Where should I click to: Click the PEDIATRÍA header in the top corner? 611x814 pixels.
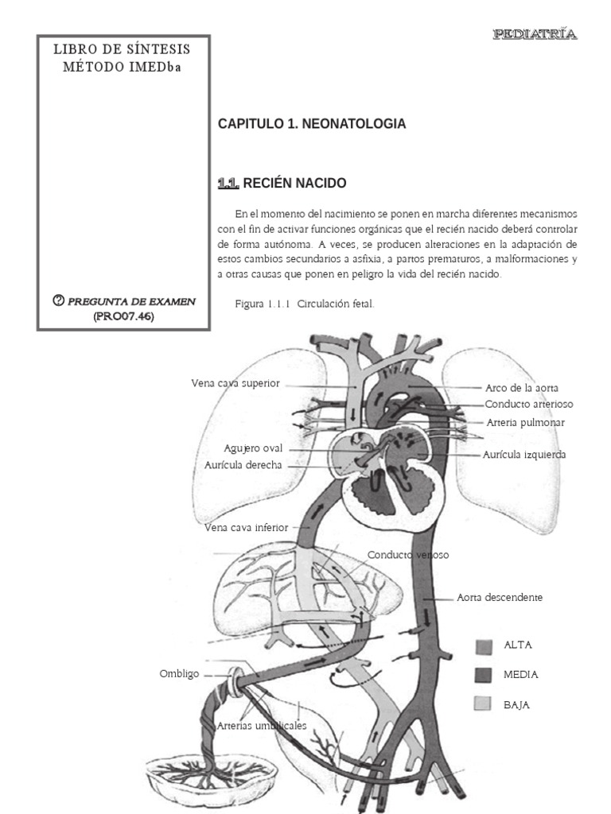535,33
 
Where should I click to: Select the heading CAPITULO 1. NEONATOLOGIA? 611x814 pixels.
312,124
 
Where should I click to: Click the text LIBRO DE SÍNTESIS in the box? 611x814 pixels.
122,49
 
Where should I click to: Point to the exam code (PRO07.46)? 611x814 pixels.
123,316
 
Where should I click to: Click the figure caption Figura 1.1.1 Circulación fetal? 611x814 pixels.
305,304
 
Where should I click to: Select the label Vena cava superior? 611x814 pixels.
235,383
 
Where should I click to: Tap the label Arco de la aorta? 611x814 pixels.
522,389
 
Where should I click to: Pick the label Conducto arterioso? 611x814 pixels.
529,405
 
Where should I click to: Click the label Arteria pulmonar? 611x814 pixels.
525,423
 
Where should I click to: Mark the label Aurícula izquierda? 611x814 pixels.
524,455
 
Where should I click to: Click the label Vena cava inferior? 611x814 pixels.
247,526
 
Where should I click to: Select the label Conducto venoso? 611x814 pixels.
408,555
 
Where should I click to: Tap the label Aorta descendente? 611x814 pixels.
500,597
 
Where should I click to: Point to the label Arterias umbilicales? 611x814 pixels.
262,726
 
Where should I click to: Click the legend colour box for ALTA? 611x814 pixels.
485,645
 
